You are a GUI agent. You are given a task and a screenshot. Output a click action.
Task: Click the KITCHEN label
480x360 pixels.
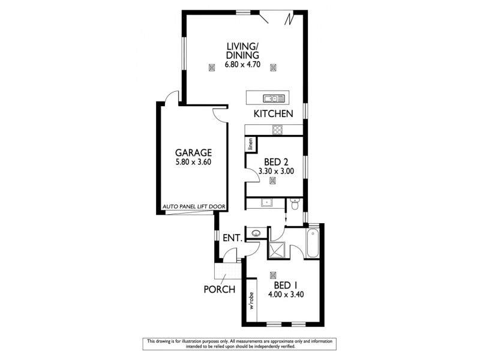point(273,113)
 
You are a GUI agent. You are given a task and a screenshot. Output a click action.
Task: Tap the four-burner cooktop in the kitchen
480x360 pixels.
point(278,129)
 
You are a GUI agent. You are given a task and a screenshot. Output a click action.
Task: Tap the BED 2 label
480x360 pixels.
point(277,161)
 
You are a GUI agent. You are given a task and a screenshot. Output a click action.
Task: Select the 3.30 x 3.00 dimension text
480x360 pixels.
point(276,171)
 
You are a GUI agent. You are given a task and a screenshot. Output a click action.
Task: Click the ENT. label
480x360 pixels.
point(232,238)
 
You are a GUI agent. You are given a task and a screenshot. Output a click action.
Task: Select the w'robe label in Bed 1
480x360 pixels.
point(252,301)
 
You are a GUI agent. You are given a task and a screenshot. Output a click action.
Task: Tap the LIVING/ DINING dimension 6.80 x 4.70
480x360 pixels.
point(242,64)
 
